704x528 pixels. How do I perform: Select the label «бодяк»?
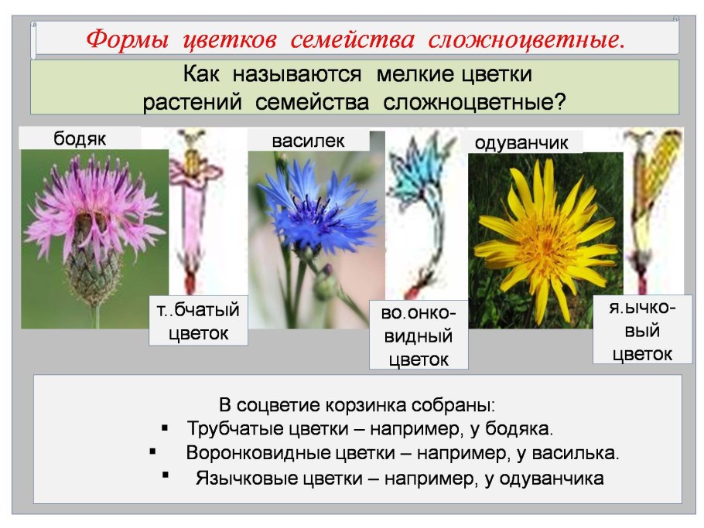[80, 139]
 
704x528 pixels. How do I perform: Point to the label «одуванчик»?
[521, 143]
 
